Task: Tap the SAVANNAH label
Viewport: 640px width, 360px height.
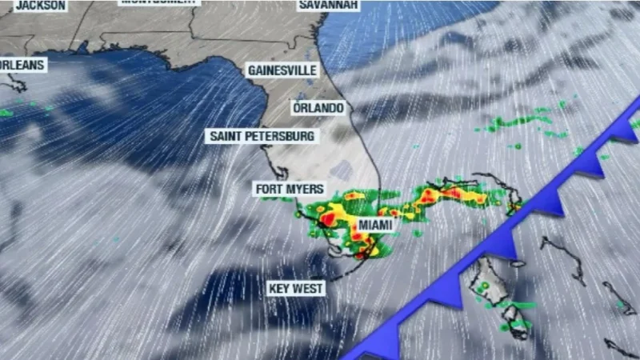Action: click(329, 5)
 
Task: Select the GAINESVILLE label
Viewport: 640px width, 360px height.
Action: click(282, 70)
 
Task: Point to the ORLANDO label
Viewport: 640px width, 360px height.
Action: click(318, 107)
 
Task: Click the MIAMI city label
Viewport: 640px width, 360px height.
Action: click(375, 226)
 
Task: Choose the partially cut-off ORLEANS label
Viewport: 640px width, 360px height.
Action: click(22, 64)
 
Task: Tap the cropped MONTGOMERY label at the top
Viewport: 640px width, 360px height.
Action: click(158, 2)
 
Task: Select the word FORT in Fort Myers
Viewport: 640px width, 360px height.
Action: click(270, 189)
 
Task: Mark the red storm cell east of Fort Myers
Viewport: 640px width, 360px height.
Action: click(327, 218)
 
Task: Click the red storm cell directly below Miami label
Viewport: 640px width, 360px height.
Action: click(362, 254)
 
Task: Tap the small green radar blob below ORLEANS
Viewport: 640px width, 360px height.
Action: click(6, 113)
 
